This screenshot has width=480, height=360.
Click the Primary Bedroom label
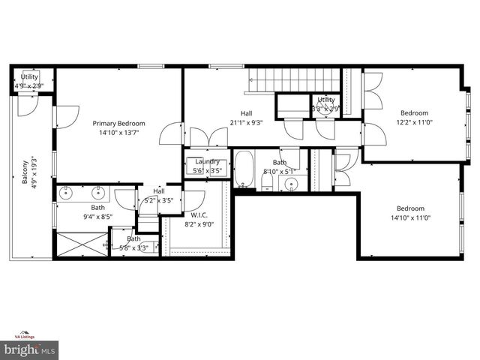(x=118, y=123)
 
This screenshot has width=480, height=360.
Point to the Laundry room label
(x=207, y=162)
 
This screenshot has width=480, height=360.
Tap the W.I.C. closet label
(x=199, y=214)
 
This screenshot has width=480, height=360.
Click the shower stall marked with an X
(x=82, y=244)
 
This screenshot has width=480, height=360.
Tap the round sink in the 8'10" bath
(x=292, y=184)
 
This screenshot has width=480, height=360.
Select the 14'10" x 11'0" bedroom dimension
(x=410, y=218)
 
